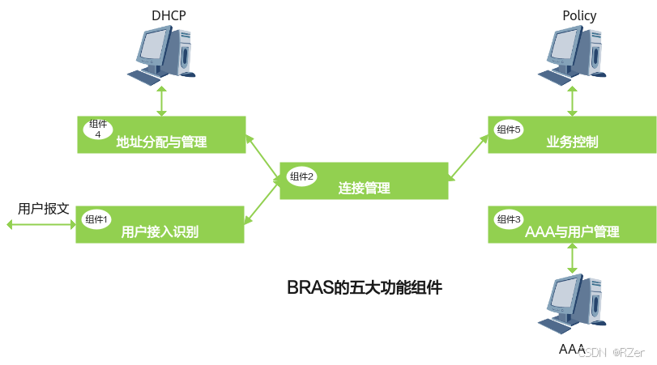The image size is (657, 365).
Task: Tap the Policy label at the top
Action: (578, 15)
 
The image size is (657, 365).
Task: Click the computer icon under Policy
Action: (574, 53)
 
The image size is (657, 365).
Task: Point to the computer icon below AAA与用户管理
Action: (574, 304)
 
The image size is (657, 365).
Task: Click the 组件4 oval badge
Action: (97, 129)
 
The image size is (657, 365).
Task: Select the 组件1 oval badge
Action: (96, 219)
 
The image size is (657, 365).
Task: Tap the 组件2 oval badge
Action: (301, 176)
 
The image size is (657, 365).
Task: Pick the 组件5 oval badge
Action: (510, 129)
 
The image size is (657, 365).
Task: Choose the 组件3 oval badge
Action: (510, 219)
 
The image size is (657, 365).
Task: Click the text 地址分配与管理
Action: (162, 143)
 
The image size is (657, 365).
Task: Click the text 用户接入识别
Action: (160, 232)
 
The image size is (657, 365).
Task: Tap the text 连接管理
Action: (364, 189)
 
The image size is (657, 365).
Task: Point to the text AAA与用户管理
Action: (572, 232)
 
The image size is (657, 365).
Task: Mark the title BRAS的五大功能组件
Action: (365, 287)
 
